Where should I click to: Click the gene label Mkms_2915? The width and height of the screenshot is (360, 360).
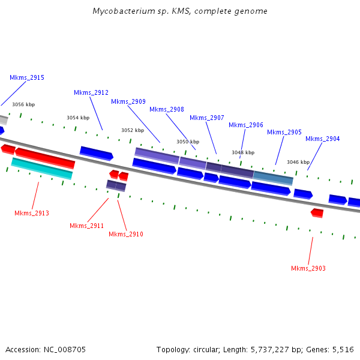pos(27,78)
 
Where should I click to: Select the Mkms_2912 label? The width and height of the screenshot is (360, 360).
pos(91,93)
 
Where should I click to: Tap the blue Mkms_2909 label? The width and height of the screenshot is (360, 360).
pos(128,102)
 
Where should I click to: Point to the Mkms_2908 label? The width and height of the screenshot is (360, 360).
pos(167,110)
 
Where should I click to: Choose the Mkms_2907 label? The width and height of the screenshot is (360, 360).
pos(207,118)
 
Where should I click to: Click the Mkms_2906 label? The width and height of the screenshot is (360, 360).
pos(246,125)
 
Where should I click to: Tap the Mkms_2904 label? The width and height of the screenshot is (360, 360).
pos(323,139)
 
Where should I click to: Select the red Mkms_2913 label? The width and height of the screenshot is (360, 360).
pos(32,214)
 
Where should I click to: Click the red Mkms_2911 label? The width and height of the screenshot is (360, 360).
pos(87,226)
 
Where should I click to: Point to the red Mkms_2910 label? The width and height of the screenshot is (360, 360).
pos(126,235)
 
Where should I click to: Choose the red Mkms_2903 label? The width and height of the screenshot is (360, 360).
pos(308,269)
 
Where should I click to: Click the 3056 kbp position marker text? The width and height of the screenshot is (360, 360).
pos(23,104)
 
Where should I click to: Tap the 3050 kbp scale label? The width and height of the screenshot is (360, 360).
pos(187,142)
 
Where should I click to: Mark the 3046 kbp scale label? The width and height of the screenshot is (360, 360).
pos(298,163)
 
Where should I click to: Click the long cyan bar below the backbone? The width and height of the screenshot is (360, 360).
pos(42,168)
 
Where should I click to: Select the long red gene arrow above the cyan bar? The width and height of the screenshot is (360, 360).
pos(45,157)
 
